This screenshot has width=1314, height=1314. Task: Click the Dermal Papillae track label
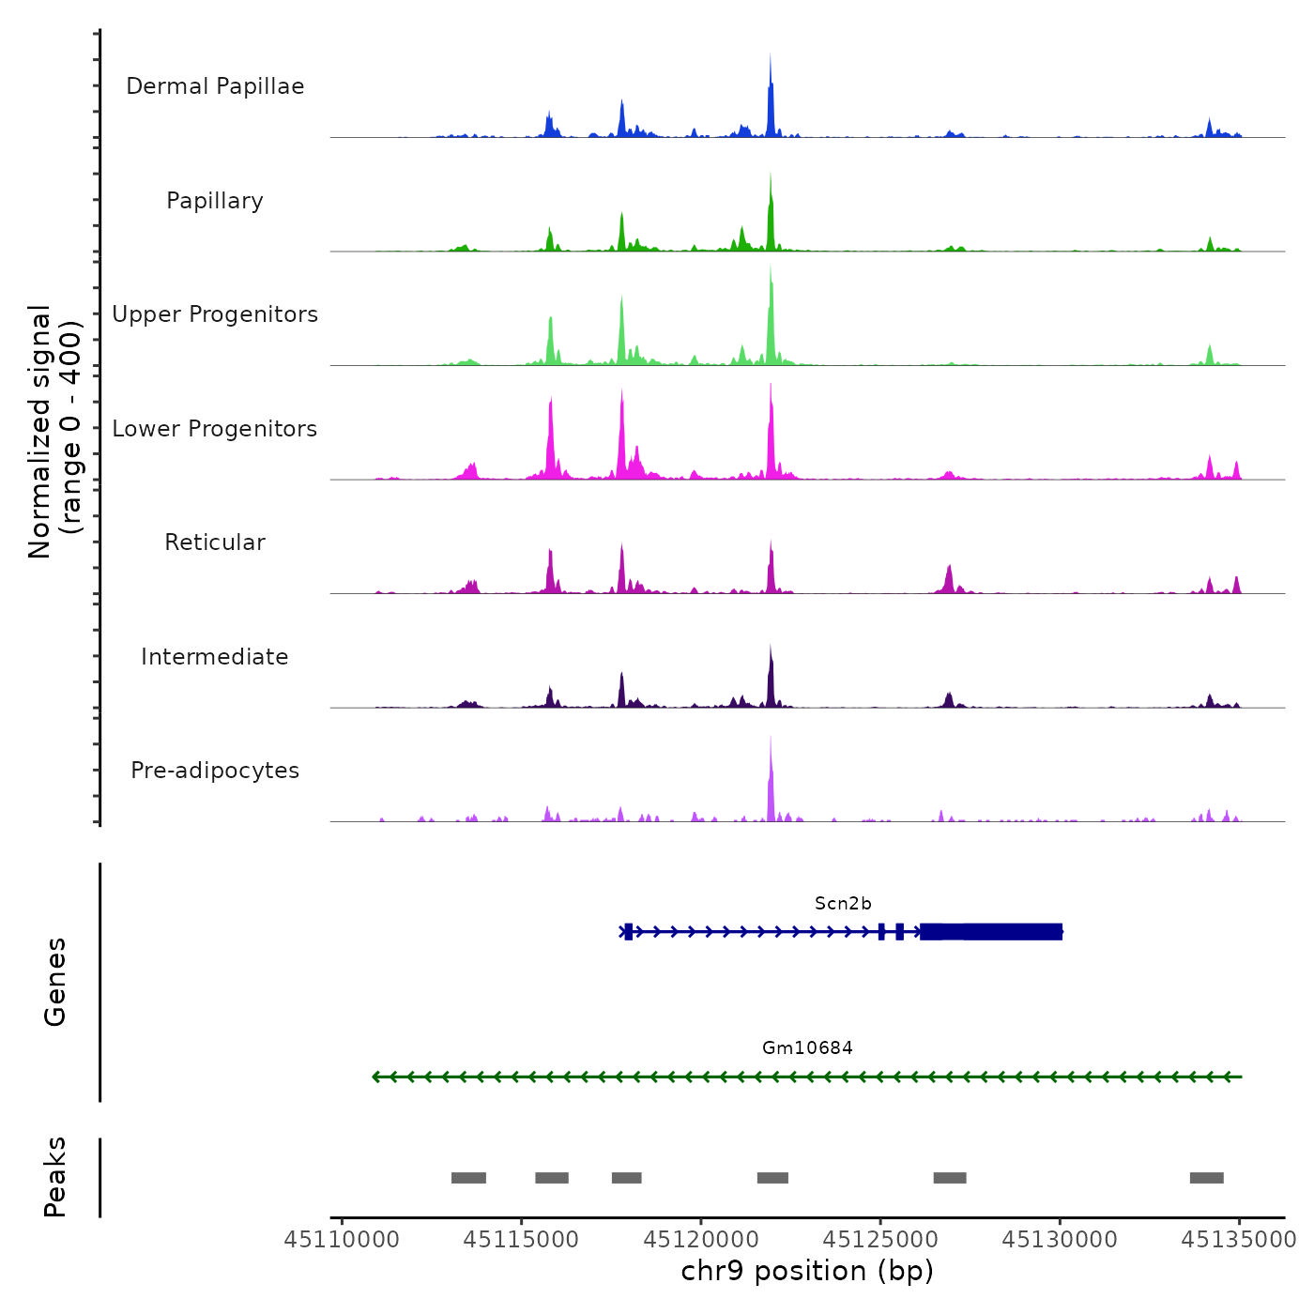215,86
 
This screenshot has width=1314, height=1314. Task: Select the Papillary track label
215,201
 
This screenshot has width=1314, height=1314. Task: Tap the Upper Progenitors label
215,314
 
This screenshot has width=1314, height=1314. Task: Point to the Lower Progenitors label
215,429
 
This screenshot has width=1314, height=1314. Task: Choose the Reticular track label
215,542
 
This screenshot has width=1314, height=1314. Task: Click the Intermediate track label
215,657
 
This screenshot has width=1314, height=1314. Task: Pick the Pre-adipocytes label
215,771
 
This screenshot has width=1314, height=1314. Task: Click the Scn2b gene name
843,904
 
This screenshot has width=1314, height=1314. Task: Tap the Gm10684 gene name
807,1048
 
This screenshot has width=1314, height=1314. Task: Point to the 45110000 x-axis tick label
342,1240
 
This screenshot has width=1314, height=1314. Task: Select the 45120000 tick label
701,1240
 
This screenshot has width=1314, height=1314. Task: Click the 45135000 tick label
1239,1240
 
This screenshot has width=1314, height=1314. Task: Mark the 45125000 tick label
880,1240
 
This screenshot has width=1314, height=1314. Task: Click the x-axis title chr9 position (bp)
807,1271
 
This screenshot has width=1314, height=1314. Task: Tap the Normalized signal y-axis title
54,432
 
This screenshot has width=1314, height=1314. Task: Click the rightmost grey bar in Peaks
1206,1178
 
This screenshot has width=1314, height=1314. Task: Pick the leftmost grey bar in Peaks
468,1178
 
